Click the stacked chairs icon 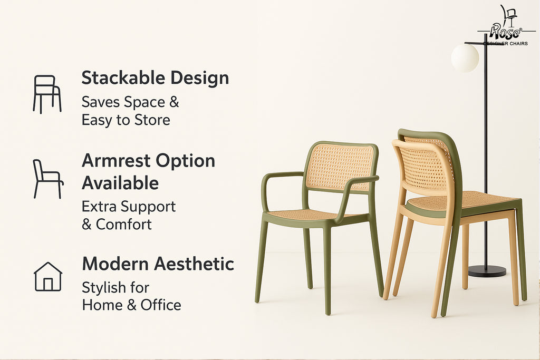click(x=47, y=94)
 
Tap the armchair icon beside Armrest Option click(x=48, y=179)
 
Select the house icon click(x=48, y=277)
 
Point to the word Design click(x=200, y=79)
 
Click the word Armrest click(x=117, y=161)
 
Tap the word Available click(x=120, y=183)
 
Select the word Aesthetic click(x=194, y=264)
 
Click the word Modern click(x=115, y=264)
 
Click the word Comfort click(x=123, y=225)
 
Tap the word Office click(x=161, y=305)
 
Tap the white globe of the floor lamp click(x=465, y=58)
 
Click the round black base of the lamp click(x=487, y=271)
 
